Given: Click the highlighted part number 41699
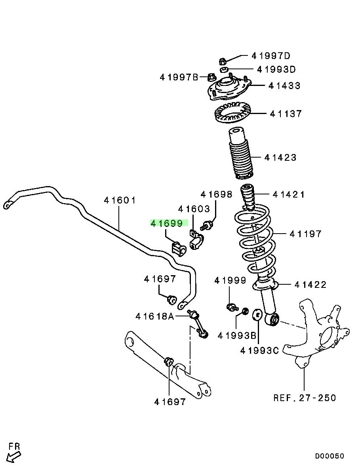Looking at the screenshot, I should click(x=166, y=223).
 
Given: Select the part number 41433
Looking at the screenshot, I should click(x=284, y=86).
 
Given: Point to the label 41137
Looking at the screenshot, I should click(x=286, y=114).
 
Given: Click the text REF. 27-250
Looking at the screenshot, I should click(x=305, y=398).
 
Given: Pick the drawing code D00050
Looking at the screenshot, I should click(x=330, y=456).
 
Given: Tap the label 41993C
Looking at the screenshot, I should click(x=259, y=350).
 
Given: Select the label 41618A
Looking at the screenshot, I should click(x=155, y=316).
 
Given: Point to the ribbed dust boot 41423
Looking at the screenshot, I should click(x=240, y=156).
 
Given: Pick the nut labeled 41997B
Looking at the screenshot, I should click(x=212, y=77).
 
